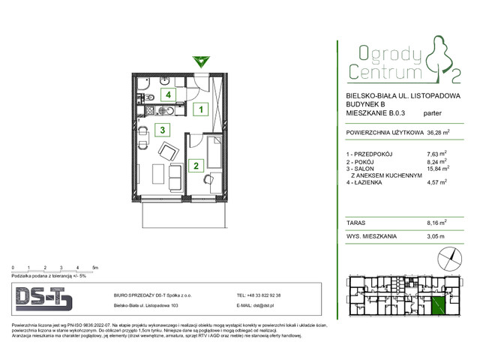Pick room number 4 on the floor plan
[170, 95]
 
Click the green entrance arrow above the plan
[199, 61]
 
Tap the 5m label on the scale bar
[95, 267]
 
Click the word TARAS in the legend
[356, 223]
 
